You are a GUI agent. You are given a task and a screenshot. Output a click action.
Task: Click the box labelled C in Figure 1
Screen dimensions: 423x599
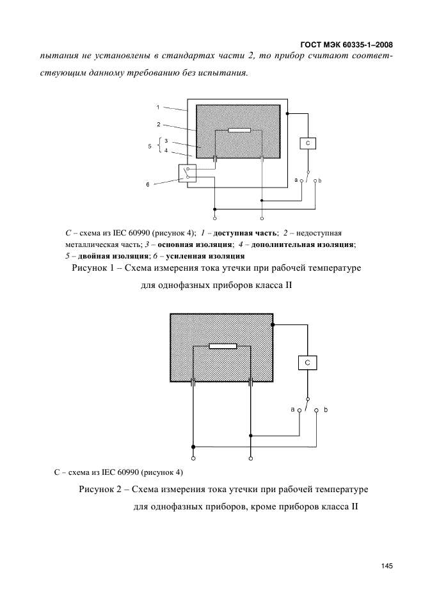coord(308,143)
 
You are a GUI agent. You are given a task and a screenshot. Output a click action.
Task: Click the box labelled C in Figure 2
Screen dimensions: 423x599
coord(308,362)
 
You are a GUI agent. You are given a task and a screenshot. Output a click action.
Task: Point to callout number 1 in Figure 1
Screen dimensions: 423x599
coord(158,108)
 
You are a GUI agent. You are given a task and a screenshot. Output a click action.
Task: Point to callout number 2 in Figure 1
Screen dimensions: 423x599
coord(158,124)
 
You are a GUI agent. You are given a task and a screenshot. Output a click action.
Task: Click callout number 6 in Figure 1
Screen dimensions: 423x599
coord(147,185)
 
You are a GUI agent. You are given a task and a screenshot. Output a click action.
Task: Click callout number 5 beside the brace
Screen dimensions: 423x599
coord(149,146)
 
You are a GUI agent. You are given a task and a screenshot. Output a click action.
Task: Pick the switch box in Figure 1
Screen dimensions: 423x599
coord(188,173)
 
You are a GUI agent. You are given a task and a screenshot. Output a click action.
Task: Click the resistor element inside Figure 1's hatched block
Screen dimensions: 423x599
coord(239,131)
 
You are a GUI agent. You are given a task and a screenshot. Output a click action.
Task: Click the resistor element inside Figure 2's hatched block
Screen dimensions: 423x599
coord(223,346)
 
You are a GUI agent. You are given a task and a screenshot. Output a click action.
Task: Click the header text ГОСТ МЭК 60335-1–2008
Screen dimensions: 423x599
coord(347,45)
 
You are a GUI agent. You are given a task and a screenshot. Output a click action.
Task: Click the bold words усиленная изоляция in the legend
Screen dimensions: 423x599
coord(205,256)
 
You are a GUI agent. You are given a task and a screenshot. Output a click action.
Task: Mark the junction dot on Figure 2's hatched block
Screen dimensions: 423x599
coord(273,324)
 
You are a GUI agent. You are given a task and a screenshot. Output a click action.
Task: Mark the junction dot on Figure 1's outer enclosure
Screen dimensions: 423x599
coord(287,113)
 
